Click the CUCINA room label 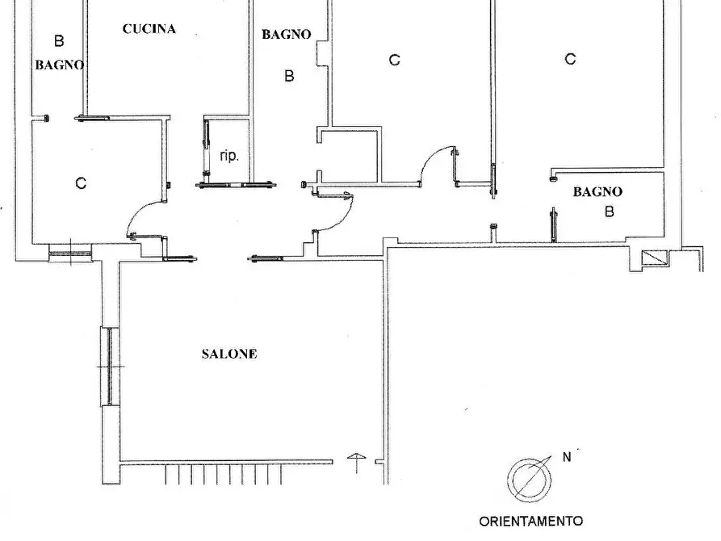(x=149, y=29)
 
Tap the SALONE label (x=229, y=354)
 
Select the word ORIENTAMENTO (x=531, y=522)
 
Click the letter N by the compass (x=567, y=457)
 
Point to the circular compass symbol (x=530, y=480)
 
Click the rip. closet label (x=229, y=156)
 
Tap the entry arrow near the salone (x=357, y=463)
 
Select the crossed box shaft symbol (x=654, y=258)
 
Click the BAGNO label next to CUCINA (x=287, y=34)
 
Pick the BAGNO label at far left (x=59, y=65)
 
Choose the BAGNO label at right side (x=597, y=191)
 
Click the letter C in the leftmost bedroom (x=81, y=183)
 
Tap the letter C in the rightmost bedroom (x=570, y=59)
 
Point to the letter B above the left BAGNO (x=59, y=41)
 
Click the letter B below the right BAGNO (x=610, y=212)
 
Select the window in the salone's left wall (x=109, y=367)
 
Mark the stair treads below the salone (x=224, y=474)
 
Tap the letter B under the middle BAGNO (x=289, y=75)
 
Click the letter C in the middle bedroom (x=395, y=60)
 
